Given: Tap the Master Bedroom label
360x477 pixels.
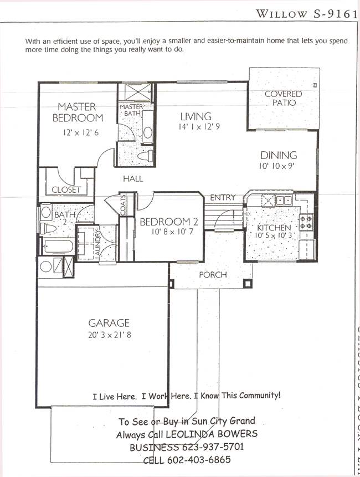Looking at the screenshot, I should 78,112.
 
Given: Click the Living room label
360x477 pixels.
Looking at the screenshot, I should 196,116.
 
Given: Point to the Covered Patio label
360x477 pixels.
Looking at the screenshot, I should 283,98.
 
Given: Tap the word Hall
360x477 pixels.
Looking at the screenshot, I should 133,179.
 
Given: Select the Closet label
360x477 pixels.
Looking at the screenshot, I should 66,189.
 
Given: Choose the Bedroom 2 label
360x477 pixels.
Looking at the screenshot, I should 168,222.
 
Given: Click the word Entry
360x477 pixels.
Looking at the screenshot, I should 223,197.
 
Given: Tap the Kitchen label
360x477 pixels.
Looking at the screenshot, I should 274,228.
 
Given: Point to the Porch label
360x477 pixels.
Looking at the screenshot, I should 213,275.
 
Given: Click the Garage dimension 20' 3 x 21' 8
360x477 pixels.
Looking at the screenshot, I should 109,335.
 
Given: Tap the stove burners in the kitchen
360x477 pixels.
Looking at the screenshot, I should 306,222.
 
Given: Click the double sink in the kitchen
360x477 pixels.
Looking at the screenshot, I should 284,200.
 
